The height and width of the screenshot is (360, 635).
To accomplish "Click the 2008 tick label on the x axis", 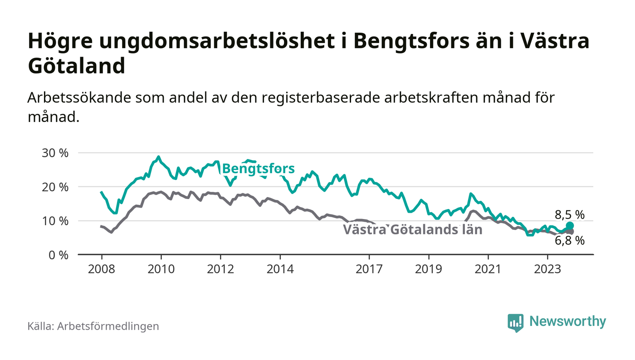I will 101,268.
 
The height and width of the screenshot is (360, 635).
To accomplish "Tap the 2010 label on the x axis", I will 161,268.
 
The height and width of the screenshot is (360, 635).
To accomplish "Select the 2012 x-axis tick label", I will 220,268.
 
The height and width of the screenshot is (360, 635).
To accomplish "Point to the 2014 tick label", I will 280,268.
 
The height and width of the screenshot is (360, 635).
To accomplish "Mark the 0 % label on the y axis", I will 59,255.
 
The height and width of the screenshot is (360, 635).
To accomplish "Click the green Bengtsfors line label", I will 259,169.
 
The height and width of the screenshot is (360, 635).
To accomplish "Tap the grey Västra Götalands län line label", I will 412,229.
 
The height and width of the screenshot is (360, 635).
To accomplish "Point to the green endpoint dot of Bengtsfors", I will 570,226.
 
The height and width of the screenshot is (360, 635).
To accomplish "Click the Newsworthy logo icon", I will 516,322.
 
